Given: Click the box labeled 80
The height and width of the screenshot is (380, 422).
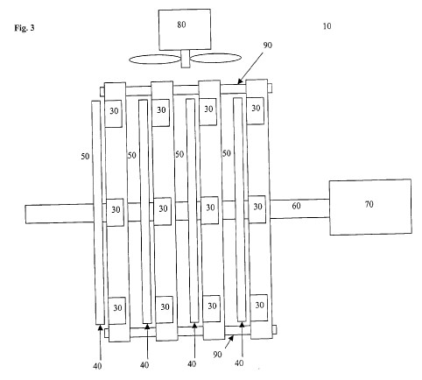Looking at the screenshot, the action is [x=185, y=30].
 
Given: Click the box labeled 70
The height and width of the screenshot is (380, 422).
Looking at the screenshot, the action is [x=370, y=207].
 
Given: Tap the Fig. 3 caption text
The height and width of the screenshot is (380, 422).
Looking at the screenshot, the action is [x=25, y=28].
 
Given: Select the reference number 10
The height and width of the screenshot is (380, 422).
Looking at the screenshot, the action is [x=327, y=26].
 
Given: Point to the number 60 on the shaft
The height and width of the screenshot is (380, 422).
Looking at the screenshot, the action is [x=296, y=206].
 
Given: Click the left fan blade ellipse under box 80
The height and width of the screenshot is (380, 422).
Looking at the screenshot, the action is [x=155, y=60].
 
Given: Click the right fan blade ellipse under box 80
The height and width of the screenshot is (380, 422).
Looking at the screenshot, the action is [x=216, y=58].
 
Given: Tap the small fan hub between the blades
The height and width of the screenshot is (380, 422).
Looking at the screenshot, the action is [x=186, y=59].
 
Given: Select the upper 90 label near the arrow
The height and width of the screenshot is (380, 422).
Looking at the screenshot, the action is [x=268, y=46].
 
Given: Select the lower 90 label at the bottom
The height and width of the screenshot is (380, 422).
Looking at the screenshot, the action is [x=217, y=355].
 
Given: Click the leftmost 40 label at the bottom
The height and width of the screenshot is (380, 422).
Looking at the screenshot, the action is [x=97, y=366].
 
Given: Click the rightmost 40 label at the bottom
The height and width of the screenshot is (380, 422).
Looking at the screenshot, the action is [x=239, y=363].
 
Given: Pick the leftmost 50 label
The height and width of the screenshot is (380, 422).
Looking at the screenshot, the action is [x=85, y=157].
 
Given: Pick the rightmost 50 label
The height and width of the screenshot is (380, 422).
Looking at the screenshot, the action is [x=227, y=153].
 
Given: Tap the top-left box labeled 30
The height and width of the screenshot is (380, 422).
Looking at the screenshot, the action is [x=113, y=114].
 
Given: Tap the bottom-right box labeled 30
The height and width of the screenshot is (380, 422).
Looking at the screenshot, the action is [x=259, y=308].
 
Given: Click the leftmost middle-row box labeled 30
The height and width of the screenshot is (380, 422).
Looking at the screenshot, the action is [x=115, y=212].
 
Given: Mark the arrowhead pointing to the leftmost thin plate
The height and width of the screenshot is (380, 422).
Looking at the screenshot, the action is [x=100, y=327].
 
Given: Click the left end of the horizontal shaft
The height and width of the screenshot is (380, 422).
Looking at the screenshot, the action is [x=25, y=215].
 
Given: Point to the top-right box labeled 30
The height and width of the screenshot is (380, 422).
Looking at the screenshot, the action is [x=256, y=110].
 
